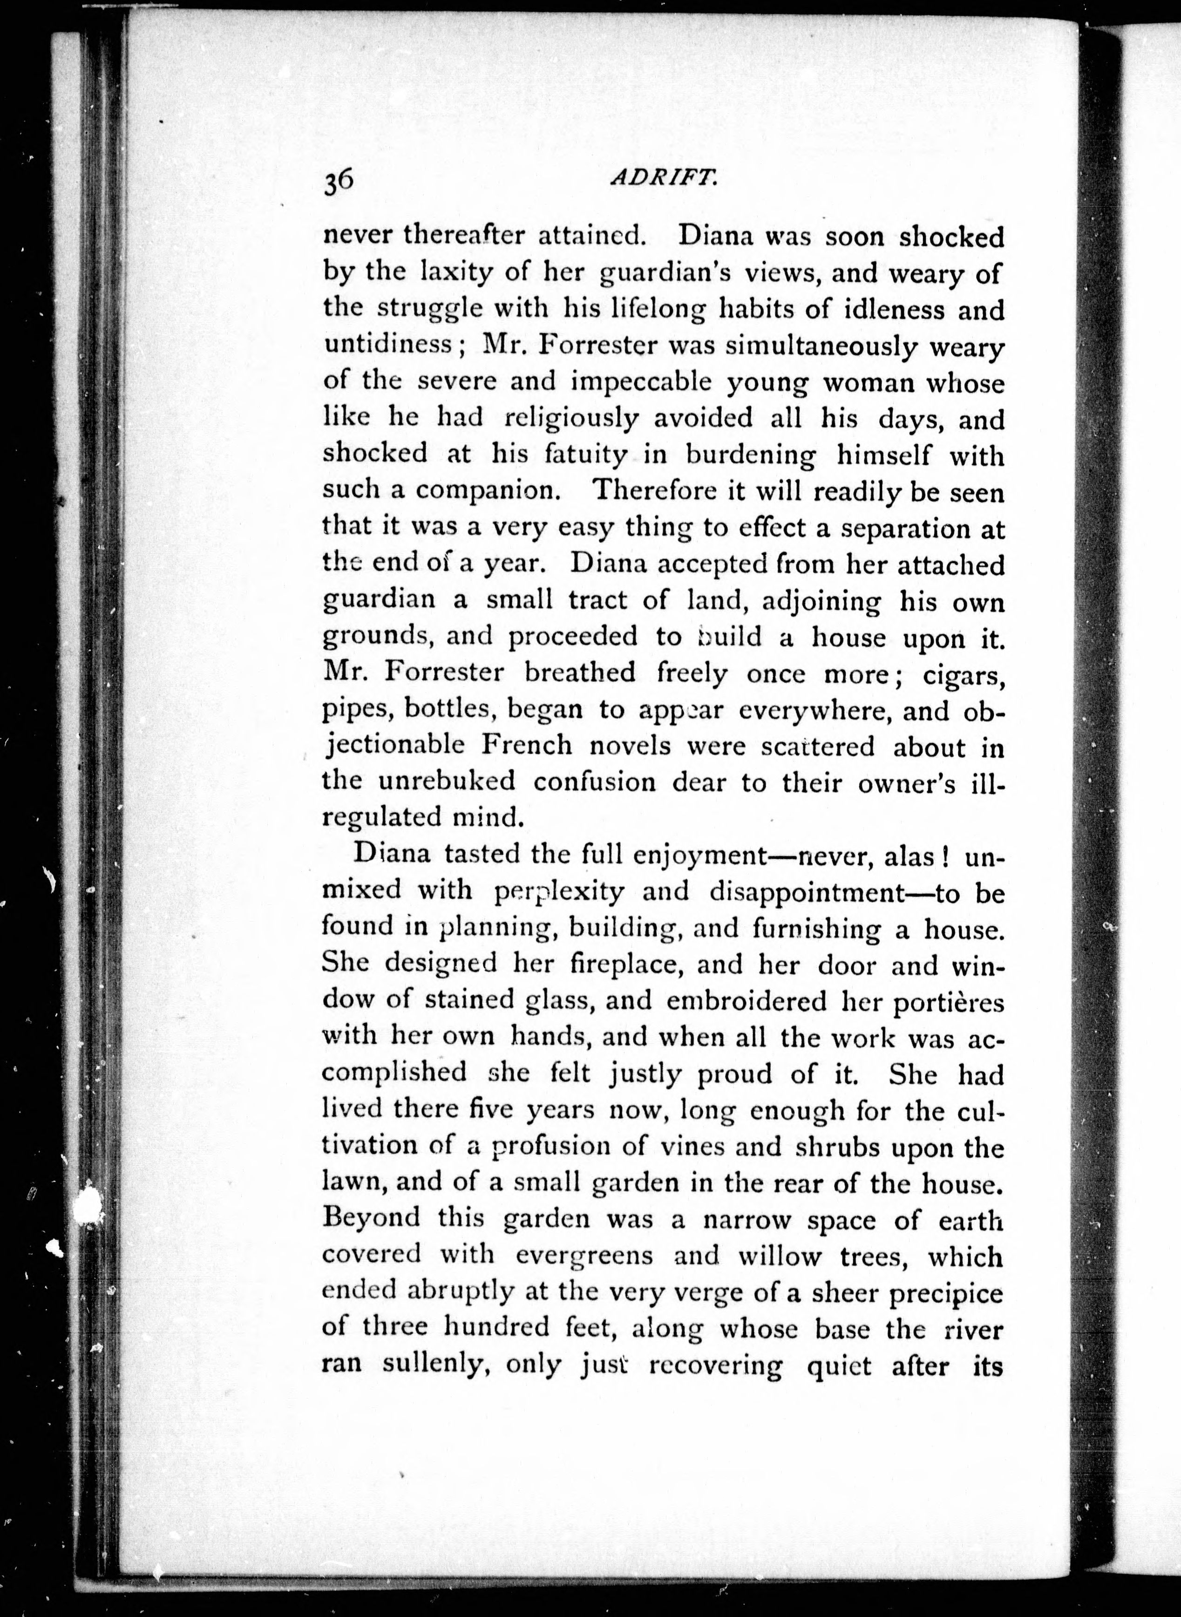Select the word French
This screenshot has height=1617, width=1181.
pyautogui.click(x=526, y=746)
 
